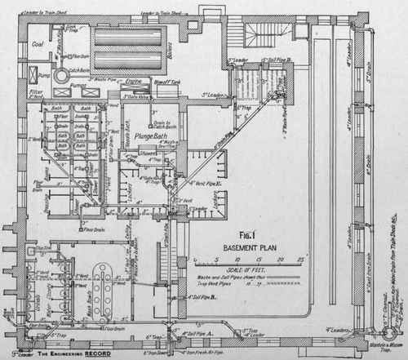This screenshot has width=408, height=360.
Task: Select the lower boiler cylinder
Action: click(122, 61)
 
